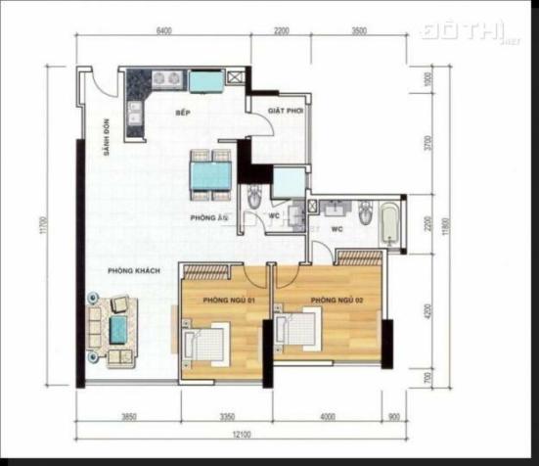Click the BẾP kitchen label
[x=182, y=114]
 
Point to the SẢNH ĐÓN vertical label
[x=108, y=140]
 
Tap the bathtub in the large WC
[x=389, y=224]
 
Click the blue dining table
[x=210, y=174]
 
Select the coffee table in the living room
[x=118, y=329]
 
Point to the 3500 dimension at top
[x=358, y=30]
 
